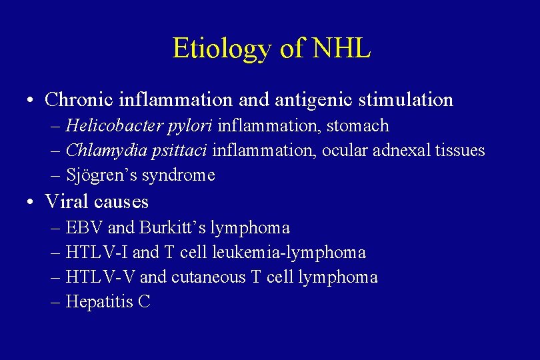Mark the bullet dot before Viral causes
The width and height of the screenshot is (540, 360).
pos(31,202)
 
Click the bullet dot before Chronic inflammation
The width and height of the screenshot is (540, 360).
pos(31,101)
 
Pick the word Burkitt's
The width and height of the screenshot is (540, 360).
pos(173,227)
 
